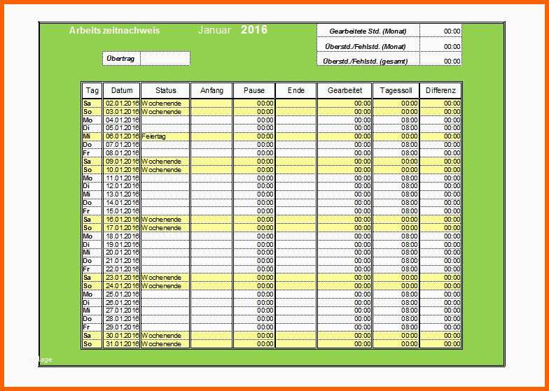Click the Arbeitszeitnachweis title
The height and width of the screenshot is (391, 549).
(x=115, y=31)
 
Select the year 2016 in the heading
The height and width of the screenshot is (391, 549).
(x=253, y=30)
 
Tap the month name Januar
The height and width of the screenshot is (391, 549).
(x=214, y=31)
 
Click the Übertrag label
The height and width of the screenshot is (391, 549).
(x=121, y=59)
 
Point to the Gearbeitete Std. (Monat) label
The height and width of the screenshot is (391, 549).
(x=368, y=31)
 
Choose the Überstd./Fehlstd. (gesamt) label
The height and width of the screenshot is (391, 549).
(x=366, y=61)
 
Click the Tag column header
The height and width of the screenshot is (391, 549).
(x=92, y=91)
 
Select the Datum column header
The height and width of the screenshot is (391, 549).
(x=122, y=91)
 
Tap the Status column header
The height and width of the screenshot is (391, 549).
(x=166, y=91)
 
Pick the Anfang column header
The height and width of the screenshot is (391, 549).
(x=211, y=91)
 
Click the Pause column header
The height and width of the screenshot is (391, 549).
(x=254, y=91)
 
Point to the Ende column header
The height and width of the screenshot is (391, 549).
(x=296, y=91)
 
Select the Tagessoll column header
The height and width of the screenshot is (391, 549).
(x=396, y=91)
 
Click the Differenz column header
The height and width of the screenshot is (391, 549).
(x=440, y=91)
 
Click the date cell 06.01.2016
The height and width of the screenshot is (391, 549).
(x=122, y=136)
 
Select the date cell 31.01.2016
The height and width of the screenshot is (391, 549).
(x=122, y=344)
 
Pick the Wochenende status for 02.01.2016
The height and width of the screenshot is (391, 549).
(x=162, y=103)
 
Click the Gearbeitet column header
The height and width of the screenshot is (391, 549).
(x=345, y=91)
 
